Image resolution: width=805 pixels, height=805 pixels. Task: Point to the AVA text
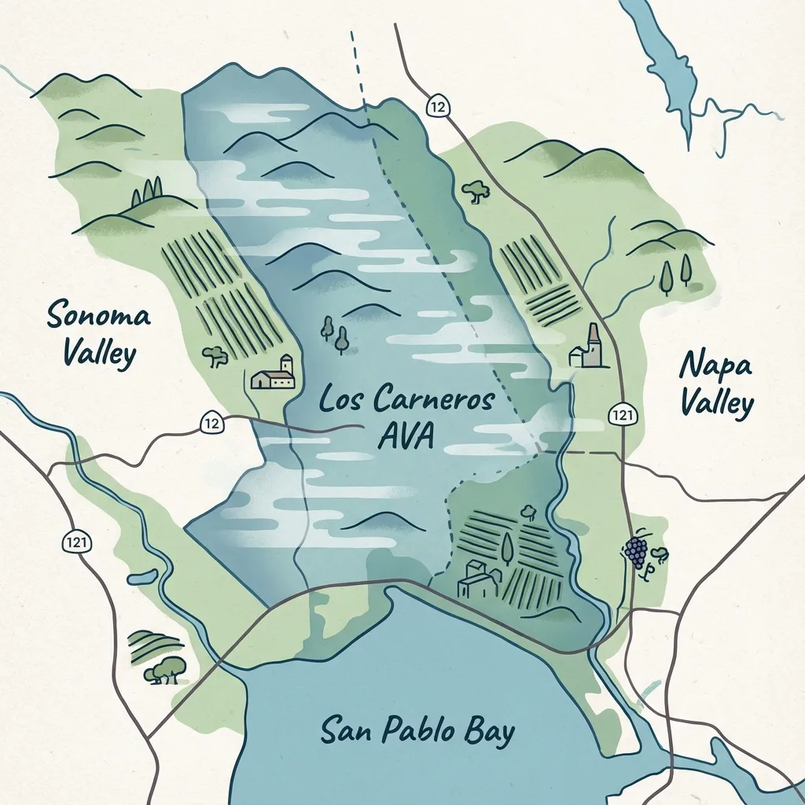coord(405,436)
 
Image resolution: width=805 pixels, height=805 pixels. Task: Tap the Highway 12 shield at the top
coord(438,106)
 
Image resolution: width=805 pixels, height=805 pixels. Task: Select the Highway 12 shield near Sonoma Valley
coord(211,423)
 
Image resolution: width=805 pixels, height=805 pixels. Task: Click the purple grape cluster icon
coord(635,551)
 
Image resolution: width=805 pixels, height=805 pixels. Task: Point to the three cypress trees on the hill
coord(147,190)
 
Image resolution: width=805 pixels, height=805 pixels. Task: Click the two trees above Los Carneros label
coord(334,333)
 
